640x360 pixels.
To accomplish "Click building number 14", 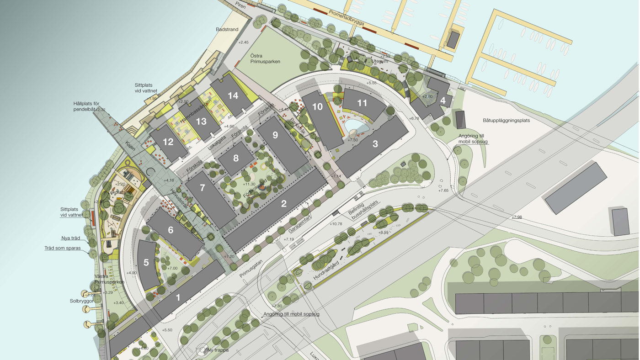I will click(x=233, y=96).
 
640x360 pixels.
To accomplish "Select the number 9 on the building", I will click(x=275, y=135).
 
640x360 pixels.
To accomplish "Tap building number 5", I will click(x=146, y=263).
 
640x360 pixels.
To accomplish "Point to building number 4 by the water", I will click(x=443, y=100).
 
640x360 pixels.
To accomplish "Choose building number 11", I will click(x=362, y=103).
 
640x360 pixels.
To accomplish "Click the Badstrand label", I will click(x=227, y=30).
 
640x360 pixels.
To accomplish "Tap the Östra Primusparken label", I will click(x=265, y=58).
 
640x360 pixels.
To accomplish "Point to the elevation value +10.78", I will click(x=336, y=224).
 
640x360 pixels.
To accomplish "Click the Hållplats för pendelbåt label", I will click(x=89, y=106).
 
